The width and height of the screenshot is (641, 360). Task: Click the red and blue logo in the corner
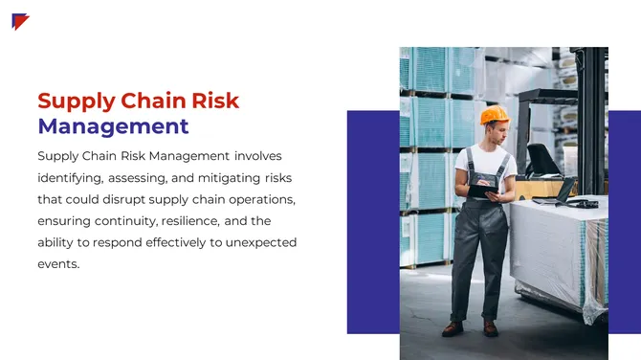(x=20, y=21)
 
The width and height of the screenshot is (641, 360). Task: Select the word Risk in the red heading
(x=213, y=101)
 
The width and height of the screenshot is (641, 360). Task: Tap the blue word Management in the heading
(x=113, y=126)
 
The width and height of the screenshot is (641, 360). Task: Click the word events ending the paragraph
(x=57, y=264)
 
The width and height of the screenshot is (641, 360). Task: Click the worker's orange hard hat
(x=494, y=116)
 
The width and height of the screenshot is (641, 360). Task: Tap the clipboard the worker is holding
(x=480, y=190)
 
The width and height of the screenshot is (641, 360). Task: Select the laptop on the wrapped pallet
(x=558, y=191)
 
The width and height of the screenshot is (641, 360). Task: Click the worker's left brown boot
(x=453, y=328)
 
